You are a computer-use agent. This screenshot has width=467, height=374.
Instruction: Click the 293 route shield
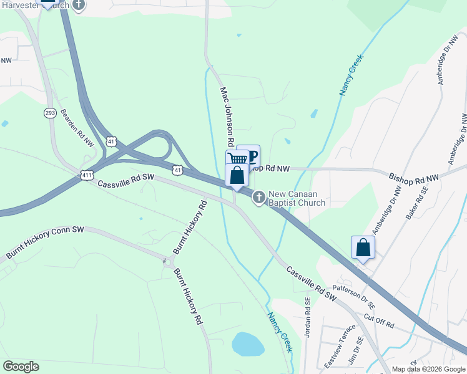click(51, 113)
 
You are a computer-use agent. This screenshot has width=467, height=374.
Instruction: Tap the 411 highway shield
click(87, 176)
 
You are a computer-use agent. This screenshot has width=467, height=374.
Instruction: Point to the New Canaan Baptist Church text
click(297, 198)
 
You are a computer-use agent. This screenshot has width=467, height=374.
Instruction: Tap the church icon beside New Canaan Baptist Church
click(258, 198)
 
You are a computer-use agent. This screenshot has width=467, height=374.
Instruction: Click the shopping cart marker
click(237, 158)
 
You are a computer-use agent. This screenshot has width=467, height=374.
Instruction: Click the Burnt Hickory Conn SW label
click(45, 243)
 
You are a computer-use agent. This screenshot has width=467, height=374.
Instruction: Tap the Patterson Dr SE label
click(354, 295)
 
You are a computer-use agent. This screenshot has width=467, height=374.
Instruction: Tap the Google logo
click(21, 367)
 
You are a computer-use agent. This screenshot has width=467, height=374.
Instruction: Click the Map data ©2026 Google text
click(428, 369)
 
